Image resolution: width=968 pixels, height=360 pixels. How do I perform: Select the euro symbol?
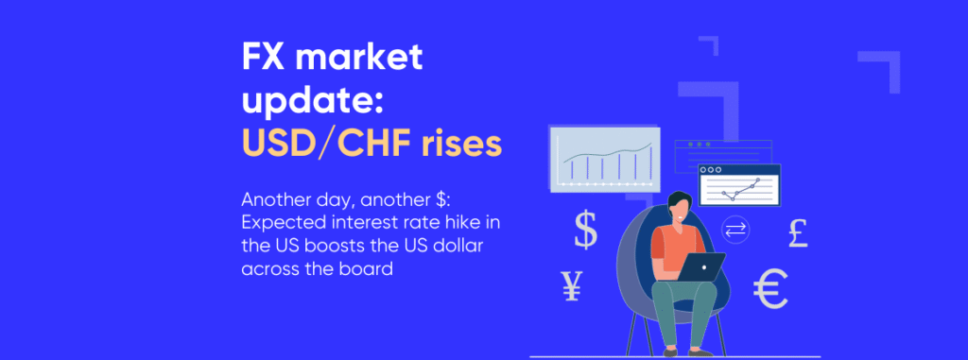(x=771, y=289)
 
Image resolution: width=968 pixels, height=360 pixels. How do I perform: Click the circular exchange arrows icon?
(x=735, y=229)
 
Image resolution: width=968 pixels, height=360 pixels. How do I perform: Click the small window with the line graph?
(x=738, y=185)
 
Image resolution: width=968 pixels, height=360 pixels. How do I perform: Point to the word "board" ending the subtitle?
(x=368, y=268)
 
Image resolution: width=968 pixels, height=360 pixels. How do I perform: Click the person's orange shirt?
(x=674, y=244)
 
